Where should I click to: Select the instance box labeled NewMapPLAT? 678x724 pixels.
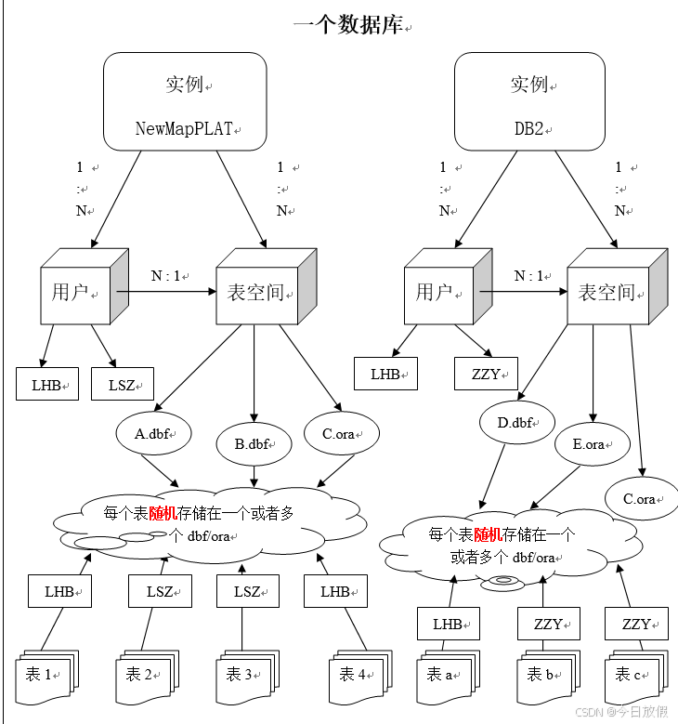185,101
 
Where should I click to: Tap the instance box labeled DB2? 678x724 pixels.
528,101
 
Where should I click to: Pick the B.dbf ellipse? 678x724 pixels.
254,443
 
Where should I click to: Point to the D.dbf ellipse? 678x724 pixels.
517,424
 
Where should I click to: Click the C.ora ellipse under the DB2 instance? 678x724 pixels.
642,499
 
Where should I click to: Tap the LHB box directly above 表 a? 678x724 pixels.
449,624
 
